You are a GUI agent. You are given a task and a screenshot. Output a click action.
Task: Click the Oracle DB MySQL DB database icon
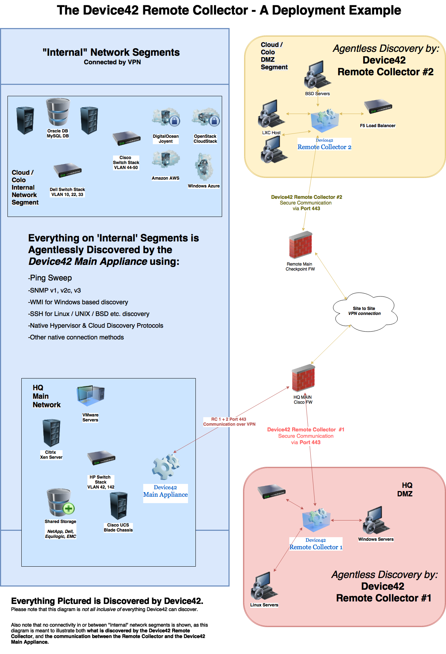coord(58,112)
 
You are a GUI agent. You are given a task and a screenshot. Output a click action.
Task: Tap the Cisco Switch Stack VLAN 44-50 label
coord(126,163)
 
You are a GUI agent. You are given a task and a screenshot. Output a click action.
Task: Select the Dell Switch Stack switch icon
coord(68,170)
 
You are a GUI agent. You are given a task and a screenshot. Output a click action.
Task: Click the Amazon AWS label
coord(165,178)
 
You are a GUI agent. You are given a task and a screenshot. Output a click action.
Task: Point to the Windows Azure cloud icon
coord(204,167)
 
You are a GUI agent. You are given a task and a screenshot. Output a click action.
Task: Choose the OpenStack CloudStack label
coord(205,139)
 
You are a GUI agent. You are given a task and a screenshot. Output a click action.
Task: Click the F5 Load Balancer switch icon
coord(378,107)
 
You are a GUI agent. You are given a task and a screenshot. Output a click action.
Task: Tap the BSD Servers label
coord(317,94)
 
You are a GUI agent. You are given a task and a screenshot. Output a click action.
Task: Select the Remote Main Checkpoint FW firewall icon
coord(300,245)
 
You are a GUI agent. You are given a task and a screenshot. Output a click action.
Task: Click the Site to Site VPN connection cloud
coord(365,311)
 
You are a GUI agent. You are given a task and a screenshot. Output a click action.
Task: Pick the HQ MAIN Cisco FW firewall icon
coord(303,379)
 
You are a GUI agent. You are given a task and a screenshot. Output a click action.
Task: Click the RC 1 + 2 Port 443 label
coord(229,422)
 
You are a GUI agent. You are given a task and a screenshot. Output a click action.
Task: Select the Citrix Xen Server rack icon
coord(51,433)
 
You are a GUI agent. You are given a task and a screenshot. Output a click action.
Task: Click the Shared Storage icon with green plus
coord(60,502)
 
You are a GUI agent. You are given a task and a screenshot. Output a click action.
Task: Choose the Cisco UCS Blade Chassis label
coord(118,528)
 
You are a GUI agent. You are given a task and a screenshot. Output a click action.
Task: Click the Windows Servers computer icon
coord(376,520)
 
